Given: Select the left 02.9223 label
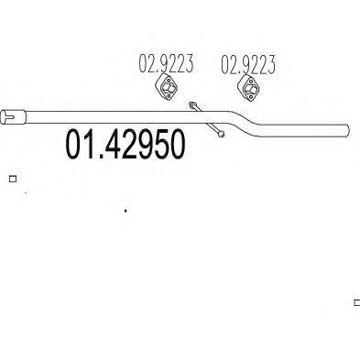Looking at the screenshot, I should (x=166, y=64).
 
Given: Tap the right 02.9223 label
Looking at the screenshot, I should (x=248, y=64).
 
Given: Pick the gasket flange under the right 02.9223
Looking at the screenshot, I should (x=247, y=89).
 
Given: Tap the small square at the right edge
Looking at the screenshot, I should (x=356, y=301).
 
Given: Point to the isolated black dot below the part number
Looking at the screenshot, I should (x=125, y=211).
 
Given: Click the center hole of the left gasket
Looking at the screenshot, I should (x=166, y=90).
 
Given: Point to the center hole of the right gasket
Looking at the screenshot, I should (x=247, y=89).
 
